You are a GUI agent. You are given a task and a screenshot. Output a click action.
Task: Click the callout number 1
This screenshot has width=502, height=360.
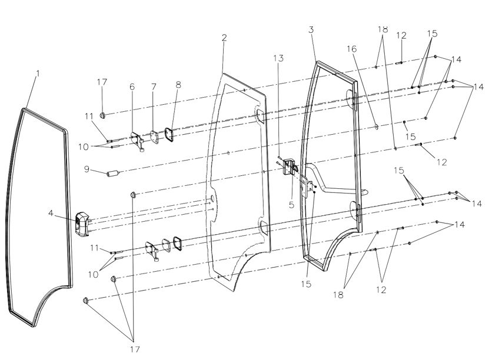38,74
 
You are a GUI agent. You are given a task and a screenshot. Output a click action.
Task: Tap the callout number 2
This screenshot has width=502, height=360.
224,38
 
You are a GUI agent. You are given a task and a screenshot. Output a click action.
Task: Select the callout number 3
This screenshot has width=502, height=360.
311,30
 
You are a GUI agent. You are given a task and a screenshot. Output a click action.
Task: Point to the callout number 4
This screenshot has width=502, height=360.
51,213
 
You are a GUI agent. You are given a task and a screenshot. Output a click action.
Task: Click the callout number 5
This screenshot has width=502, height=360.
291,205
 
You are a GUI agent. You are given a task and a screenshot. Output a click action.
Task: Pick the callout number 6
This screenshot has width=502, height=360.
132,86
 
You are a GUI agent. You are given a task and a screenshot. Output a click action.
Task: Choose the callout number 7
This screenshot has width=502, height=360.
154,86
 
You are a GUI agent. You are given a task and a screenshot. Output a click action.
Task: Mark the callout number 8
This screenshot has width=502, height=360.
178,85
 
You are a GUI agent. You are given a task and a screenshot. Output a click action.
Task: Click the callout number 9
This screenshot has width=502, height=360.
87,169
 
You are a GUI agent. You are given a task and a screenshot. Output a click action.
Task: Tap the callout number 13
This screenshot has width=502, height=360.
278,58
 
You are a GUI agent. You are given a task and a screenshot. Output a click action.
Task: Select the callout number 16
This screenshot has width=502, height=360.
351,49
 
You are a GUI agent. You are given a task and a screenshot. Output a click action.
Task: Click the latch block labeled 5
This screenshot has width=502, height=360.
289,166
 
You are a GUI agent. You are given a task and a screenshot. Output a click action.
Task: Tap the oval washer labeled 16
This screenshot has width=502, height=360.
376,127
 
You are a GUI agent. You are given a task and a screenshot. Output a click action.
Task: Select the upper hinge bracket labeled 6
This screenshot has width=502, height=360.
138,141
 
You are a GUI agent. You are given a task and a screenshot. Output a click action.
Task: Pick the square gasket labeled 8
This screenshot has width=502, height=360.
169,134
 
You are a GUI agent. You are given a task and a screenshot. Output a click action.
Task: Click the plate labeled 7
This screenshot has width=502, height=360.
154,137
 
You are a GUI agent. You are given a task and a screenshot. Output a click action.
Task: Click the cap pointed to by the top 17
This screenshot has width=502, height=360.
103,115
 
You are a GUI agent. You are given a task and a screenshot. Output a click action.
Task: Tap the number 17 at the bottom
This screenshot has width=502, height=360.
135,349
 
